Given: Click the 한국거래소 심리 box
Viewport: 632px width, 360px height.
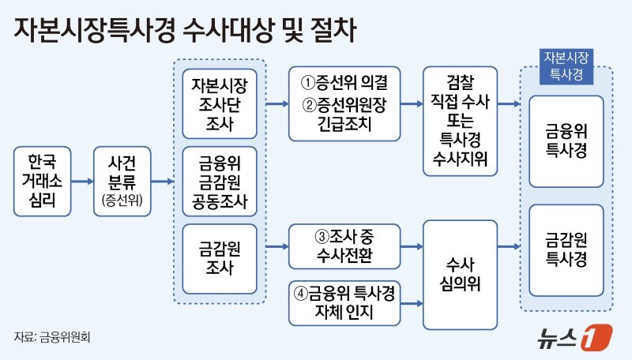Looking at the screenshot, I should (42, 182).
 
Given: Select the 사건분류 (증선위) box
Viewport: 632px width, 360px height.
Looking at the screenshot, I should (122, 182).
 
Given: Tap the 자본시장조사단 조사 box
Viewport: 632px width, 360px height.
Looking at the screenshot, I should (219, 103).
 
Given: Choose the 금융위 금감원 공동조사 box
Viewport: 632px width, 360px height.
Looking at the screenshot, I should (219, 182).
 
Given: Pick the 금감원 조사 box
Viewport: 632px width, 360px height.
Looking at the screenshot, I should (219, 258).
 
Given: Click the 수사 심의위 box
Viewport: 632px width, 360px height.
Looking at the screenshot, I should (460, 273).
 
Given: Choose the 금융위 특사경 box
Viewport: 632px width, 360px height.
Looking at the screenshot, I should (566, 141).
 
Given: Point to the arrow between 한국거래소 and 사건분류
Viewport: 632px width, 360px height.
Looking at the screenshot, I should (81, 182).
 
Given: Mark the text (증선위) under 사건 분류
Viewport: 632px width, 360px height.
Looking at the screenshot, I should (122, 202).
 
